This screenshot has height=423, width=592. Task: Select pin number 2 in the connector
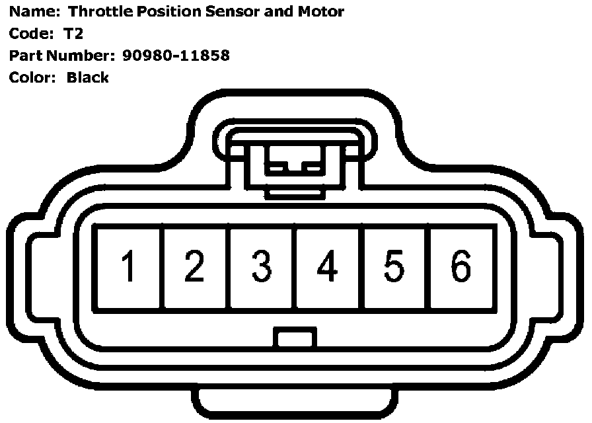coord(195,268)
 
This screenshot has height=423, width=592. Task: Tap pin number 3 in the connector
coord(262,268)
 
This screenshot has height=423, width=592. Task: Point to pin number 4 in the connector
coord(328,268)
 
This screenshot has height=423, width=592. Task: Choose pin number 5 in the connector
coord(394,268)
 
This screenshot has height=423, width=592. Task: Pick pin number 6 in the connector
coord(461,268)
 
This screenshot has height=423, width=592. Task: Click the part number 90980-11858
coord(176,56)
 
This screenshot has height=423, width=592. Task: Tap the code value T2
coord(73,34)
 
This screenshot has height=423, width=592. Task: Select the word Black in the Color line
coord(88,77)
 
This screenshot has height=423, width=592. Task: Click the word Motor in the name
coord(321,12)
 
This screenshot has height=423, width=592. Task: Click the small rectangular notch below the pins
coord(295,339)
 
